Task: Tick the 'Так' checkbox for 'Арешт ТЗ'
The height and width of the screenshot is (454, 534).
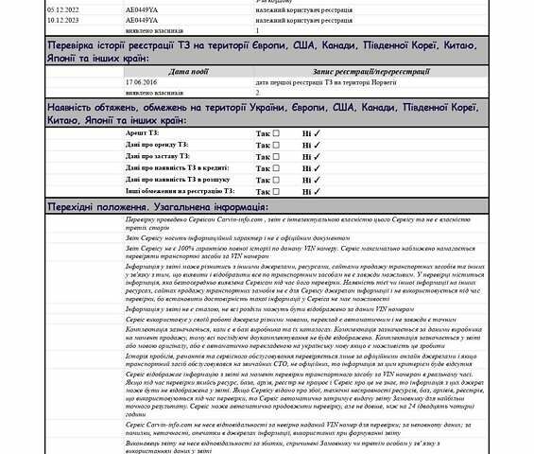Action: pyautogui.click(x=276, y=133)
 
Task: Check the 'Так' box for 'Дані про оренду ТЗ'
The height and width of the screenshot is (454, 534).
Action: pyautogui.click(x=276, y=145)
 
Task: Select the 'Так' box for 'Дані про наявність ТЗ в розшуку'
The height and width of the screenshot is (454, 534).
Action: pyautogui.click(x=276, y=178)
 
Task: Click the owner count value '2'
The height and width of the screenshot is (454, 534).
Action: pyautogui.click(x=257, y=94)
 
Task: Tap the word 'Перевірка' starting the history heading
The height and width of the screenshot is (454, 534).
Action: pyautogui.click(x=76, y=44)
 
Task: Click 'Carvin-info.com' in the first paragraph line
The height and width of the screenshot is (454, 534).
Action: pyautogui.click(x=204, y=218)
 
